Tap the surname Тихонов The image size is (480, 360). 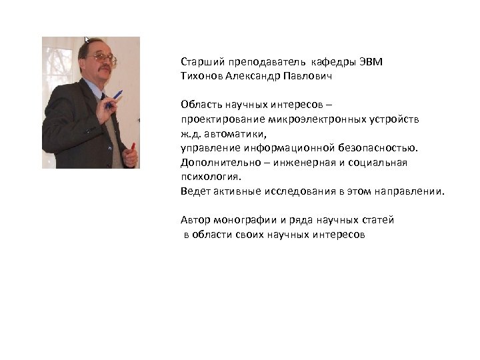[x=201, y=76]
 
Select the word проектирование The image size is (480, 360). [x=223, y=119]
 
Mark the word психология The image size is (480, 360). [x=209, y=177]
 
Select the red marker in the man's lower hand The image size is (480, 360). [x=133, y=147]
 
